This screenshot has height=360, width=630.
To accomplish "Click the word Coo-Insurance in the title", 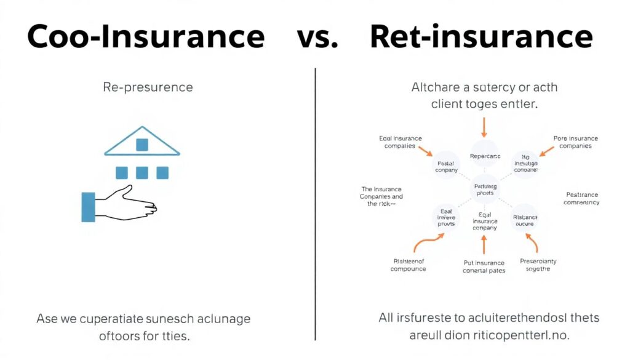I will pyautogui.click(x=145, y=37).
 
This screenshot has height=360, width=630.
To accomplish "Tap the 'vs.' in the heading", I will pyautogui.click(x=317, y=38).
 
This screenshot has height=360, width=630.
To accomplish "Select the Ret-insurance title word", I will pyautogui.click(x=480, y=37).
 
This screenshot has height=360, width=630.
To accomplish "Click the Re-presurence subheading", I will pyautogui.click(x=148, y=87).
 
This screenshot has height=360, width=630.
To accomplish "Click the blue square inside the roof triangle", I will pyautogui.click(x=142, y=145).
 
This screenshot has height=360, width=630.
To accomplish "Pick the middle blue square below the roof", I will pyautogui.click(x=142, y=173).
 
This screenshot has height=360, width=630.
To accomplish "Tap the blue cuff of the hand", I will pyautogui.click(x=88, y=207).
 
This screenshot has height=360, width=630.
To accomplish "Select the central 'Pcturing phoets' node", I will pyautogui.click(x=485, y=189).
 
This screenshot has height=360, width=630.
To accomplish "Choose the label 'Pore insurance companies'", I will pyautogui.click(x=575, y=142).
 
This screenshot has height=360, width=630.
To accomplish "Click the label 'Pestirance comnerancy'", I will pyautogui.click(x=581, y=198).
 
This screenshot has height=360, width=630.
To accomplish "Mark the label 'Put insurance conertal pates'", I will pyautogui.click(x=484, y=266).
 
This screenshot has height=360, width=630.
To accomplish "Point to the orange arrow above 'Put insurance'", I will pyautogui.click(x=484, y=245).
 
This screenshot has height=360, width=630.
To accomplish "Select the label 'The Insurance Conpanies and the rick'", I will pyautogui.click(x=380, y=196).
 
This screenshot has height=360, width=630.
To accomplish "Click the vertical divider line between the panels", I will pyautogui.click(x=316, y=203).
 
